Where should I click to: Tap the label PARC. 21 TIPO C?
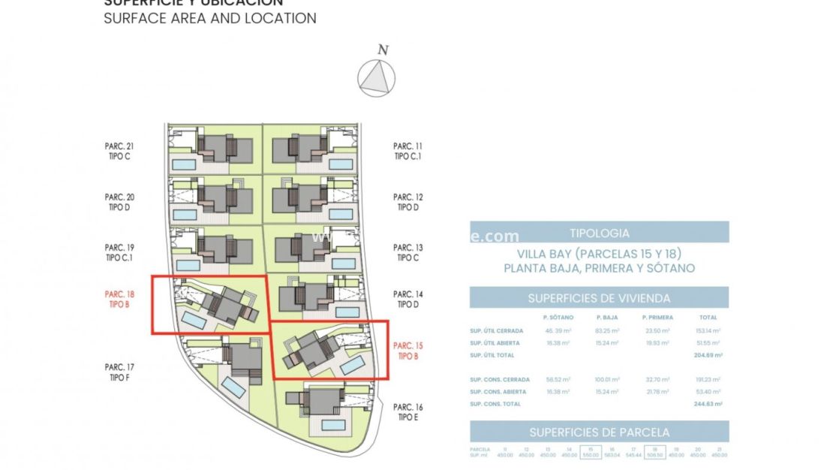point(119,152)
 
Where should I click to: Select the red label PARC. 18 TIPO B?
point(119,300)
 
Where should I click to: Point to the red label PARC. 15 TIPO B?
point(408,351)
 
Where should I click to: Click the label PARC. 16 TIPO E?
point(408,412)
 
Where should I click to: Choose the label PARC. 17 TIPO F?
point(119,372)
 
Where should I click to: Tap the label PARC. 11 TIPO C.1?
point(408,152)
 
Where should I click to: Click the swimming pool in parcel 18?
point(194,321)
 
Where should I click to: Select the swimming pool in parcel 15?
point(351,365)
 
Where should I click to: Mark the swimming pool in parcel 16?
point(332,425)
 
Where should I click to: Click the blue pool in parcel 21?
point(183,164)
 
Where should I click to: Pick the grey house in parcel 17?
point(245,360)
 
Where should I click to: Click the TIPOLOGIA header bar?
point(599,233)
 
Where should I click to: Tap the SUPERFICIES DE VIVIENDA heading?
point(599,298)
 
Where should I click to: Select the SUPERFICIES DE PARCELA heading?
point(599,432)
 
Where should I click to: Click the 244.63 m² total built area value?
point(708,404)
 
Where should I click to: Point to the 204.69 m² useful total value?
point(708,355)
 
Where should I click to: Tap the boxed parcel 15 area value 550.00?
point(591,454)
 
